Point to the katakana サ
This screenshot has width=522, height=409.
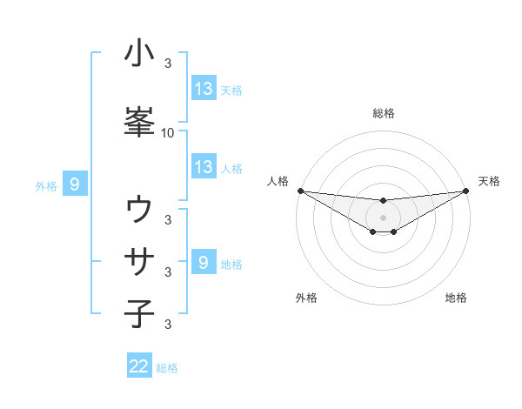coord(139,261)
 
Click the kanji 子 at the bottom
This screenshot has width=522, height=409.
coord(139,312)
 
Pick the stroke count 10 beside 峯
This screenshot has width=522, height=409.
coord(168,133)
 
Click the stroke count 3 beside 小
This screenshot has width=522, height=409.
coord(168,64)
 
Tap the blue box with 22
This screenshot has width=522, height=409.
coord(139,366)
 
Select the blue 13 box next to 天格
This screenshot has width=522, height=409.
coord(204,89)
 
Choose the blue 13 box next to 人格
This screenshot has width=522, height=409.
coord(204,167)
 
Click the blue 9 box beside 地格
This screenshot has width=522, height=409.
coord(204,263)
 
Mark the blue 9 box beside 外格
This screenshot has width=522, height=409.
coord(75,184)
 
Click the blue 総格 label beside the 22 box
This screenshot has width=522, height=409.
coord(167,368)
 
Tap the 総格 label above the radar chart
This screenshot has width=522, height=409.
coord(384,113)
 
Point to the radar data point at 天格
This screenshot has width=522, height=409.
coord(466,191)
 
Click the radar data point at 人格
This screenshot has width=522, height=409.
coord(300,191)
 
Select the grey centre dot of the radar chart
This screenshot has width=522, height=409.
coord(384,217)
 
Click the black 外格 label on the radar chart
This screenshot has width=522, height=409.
coord(306,298)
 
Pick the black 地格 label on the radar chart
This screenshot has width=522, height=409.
coord(457,298)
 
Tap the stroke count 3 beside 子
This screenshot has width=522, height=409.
coord(168,325)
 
